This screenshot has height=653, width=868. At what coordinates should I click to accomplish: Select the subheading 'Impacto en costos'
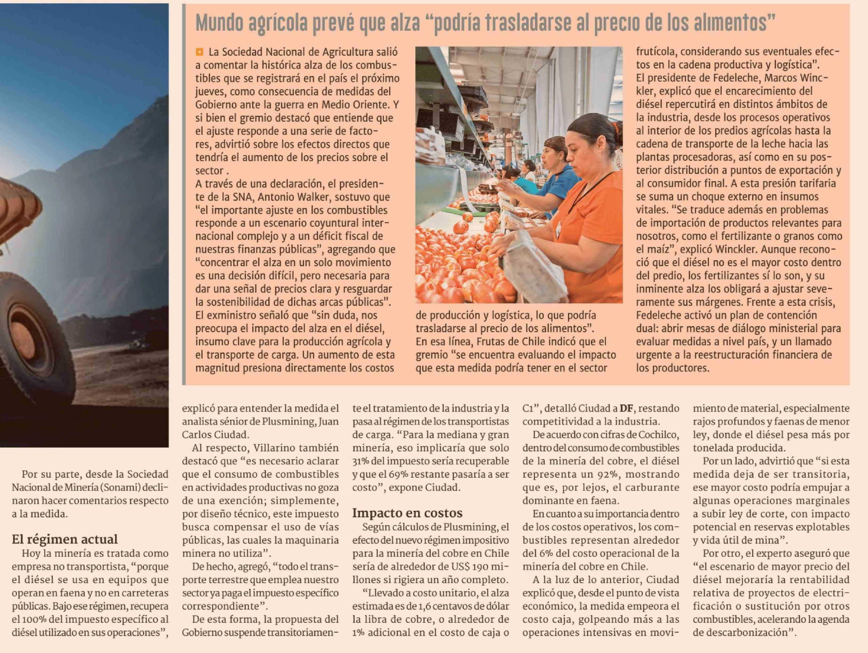point(407,513)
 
